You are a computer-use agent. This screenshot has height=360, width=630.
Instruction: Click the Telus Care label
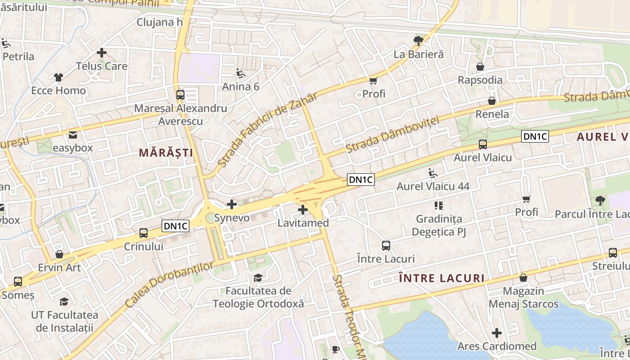pos(101,66)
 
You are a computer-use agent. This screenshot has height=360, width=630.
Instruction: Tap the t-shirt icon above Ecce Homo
pos(58,77)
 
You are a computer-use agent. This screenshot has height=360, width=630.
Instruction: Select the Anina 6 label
pos(241,86)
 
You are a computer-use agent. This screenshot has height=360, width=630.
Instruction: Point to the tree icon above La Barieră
pos(418,41)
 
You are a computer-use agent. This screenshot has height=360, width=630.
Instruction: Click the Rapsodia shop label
pos(480,80)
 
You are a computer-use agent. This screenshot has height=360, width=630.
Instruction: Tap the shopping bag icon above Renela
pos(492,101)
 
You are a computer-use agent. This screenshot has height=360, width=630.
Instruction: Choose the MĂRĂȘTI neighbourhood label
pos(166,153)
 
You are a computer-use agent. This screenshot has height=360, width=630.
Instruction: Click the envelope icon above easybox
pos(72,135)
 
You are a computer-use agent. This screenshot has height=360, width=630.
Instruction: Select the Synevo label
pos(231,218)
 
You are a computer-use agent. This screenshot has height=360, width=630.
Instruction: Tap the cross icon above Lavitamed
pos(303,209)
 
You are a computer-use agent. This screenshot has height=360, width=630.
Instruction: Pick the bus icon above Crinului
pos(144,233)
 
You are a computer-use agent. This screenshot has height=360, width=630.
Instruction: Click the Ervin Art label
pos(59,267)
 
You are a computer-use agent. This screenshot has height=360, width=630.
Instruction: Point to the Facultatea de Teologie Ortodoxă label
pos(258,297)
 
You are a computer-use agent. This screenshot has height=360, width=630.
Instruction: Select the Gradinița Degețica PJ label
pos(439,225)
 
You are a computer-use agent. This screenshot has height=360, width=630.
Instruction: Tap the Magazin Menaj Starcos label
pos(523,297)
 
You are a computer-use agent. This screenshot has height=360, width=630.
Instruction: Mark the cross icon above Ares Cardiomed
pos(497,333)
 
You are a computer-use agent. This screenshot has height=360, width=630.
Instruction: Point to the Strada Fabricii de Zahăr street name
pos(267,129)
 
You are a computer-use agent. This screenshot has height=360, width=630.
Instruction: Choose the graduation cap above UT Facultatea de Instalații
pos(64,301)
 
